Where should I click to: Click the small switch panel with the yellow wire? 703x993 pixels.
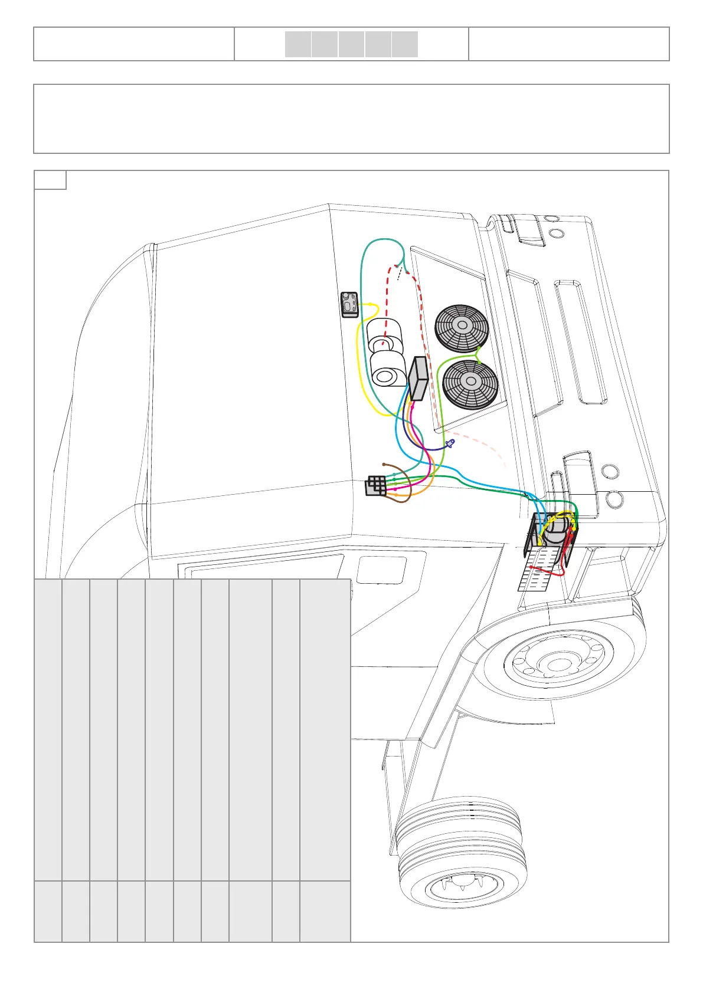350,304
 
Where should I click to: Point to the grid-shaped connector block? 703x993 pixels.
376,485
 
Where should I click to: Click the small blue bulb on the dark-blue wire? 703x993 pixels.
451,443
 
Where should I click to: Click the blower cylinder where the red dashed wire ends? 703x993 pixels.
384,336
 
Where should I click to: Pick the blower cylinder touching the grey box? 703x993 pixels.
388,373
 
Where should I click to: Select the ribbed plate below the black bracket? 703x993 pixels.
536,568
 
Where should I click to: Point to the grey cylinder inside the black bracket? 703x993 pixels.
555,530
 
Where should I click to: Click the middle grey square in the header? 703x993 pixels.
351,44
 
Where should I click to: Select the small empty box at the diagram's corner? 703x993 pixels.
50,180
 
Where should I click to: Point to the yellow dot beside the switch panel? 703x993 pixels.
370,304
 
